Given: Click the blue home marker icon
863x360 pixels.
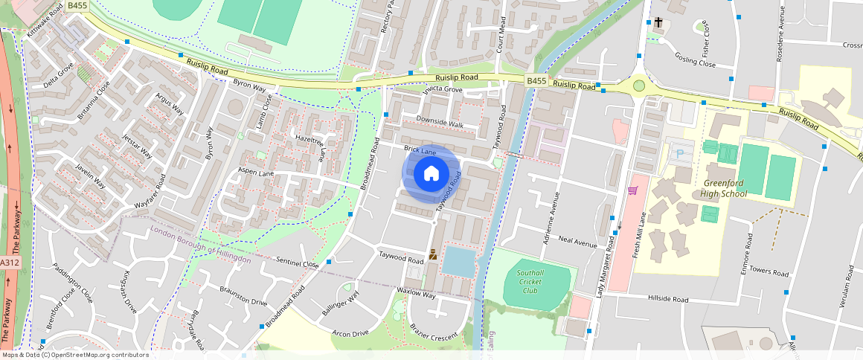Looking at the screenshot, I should (x=431, y=174).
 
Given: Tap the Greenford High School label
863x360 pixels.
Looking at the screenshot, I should (x=723, y=188).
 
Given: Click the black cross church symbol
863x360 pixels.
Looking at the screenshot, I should (x=658, y=23).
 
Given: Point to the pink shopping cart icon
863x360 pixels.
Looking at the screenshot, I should (x=633, y=191).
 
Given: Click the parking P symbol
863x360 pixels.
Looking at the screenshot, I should (x=678, y=154).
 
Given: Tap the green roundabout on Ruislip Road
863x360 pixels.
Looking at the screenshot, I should (x=638, y=86).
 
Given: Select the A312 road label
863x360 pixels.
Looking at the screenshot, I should (x=9, y=263).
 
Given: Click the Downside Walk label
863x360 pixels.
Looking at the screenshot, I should (x=440, y=123).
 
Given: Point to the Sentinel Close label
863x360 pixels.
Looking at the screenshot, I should (x=298, y=263).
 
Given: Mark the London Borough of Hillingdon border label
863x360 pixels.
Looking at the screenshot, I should (x=200, y=243).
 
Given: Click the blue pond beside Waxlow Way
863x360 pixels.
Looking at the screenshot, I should (x=458, y=261).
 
